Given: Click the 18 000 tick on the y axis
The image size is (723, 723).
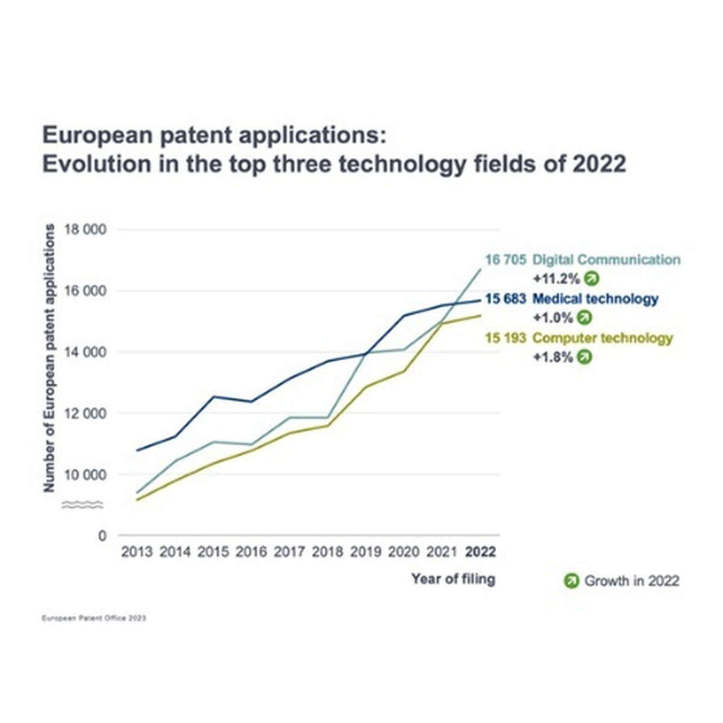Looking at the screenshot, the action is (x=86, y=229).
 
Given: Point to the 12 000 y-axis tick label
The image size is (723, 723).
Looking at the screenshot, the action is (x=86, y=413).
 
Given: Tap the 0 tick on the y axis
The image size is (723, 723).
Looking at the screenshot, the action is (x=102, y=536).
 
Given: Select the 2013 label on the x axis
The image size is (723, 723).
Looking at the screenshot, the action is (x=137, y=552).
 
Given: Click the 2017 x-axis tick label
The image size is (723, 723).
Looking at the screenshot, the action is (x=289, y=552).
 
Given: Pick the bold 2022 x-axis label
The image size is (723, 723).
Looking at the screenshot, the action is (x=480, y=552).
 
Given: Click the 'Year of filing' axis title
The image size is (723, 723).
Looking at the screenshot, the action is (x=453, y=579).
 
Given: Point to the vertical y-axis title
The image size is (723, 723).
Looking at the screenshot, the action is (x=49, y=358).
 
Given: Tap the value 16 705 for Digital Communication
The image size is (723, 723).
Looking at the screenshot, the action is (x=505, y=260).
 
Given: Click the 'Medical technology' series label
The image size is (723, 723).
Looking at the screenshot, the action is (x=595, y=299).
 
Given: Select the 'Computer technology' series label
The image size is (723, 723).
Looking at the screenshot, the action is (x=602, y=338).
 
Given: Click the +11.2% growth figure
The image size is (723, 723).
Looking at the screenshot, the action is (x=557, y=279).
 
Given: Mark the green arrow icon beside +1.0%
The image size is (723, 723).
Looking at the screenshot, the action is (x=584, y=318).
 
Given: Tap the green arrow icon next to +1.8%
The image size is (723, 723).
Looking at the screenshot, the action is (x=584, y=357).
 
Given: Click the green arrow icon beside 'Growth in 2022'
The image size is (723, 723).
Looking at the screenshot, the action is (x=571, y=581).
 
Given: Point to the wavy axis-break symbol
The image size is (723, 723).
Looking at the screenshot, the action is (x=82, y=505).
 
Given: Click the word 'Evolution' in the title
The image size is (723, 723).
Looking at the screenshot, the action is (x=96, y=164).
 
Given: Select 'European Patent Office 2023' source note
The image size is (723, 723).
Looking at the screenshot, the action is (x=94, y=618).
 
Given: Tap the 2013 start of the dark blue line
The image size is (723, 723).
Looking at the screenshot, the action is (x=137, y=450).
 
